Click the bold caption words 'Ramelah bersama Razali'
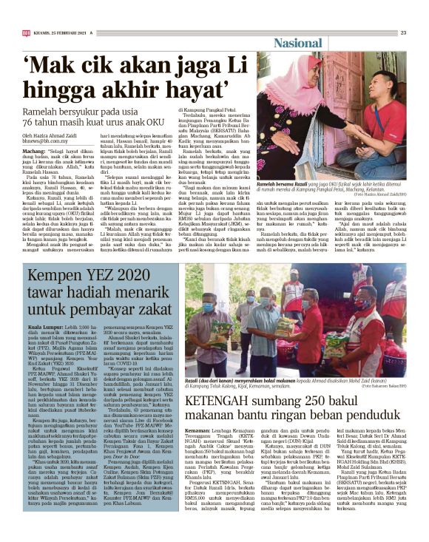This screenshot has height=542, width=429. pyautogui.click(x=286, y=182)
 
